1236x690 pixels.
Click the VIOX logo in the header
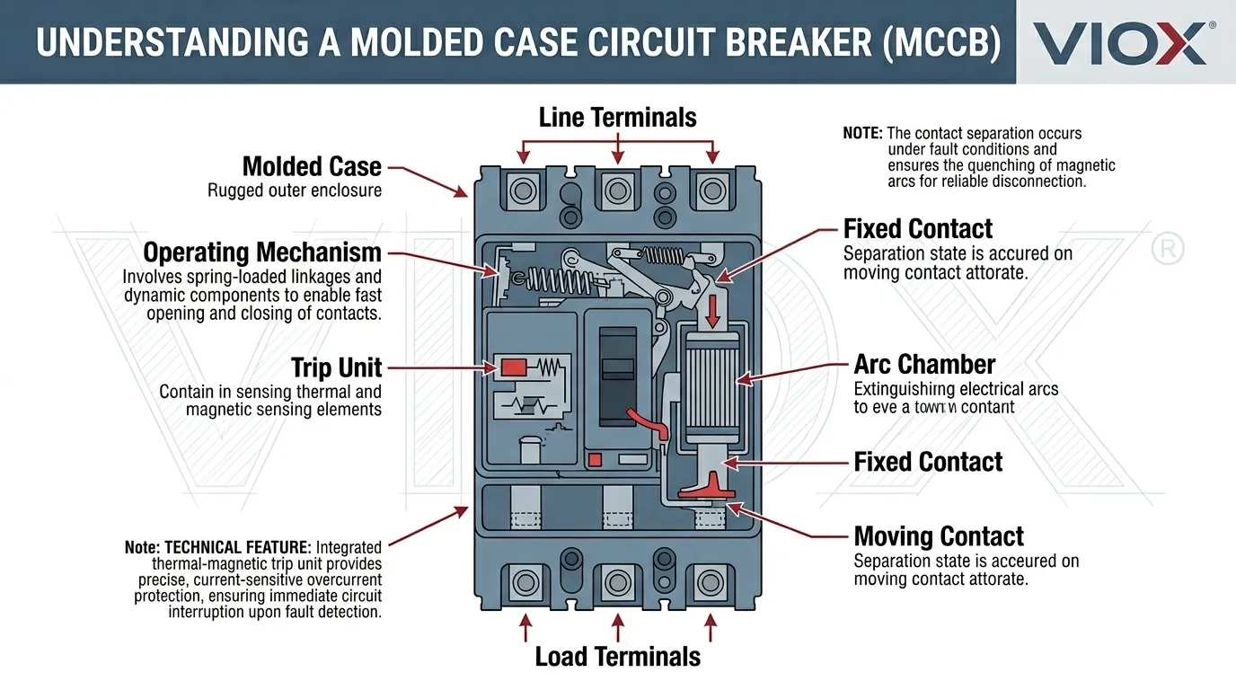pos(1119,42)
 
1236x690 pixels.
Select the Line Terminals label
pos(617,117)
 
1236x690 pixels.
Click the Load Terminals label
pos(617,656)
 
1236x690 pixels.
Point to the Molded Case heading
pos(312,166)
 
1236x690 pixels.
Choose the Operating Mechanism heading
pos(262,252)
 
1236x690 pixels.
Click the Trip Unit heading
pos(336,367)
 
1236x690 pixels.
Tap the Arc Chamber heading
pos(924,364)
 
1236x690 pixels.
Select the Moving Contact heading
pos(939,536)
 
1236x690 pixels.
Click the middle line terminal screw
pos(617,190)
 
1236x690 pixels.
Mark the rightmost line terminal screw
pos(711,190)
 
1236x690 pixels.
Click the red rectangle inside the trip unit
pos(513,367)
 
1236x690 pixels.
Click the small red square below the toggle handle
pos(594,460)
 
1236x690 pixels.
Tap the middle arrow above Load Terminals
pos(617,622)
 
